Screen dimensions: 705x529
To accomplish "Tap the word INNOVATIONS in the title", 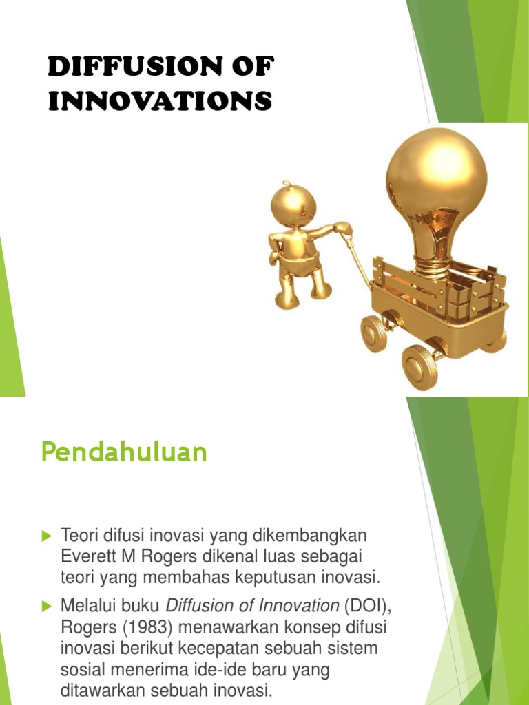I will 160,102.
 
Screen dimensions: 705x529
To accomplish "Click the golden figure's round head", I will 293,204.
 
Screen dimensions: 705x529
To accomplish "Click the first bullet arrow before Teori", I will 48,535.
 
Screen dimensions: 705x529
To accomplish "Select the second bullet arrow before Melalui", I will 48,607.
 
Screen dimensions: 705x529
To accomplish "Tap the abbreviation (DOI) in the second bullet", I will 362,607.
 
